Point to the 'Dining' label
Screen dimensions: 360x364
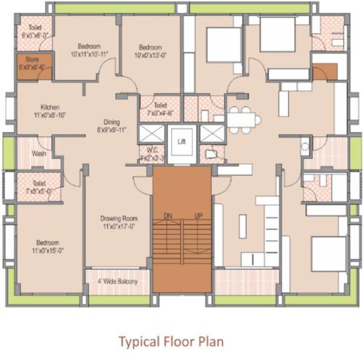tap(111, 122)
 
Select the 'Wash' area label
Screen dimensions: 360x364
tap(39, 153)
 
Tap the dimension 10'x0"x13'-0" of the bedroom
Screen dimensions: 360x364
tap(150, 54)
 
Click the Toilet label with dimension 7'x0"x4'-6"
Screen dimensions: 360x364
tap(160, 105)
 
